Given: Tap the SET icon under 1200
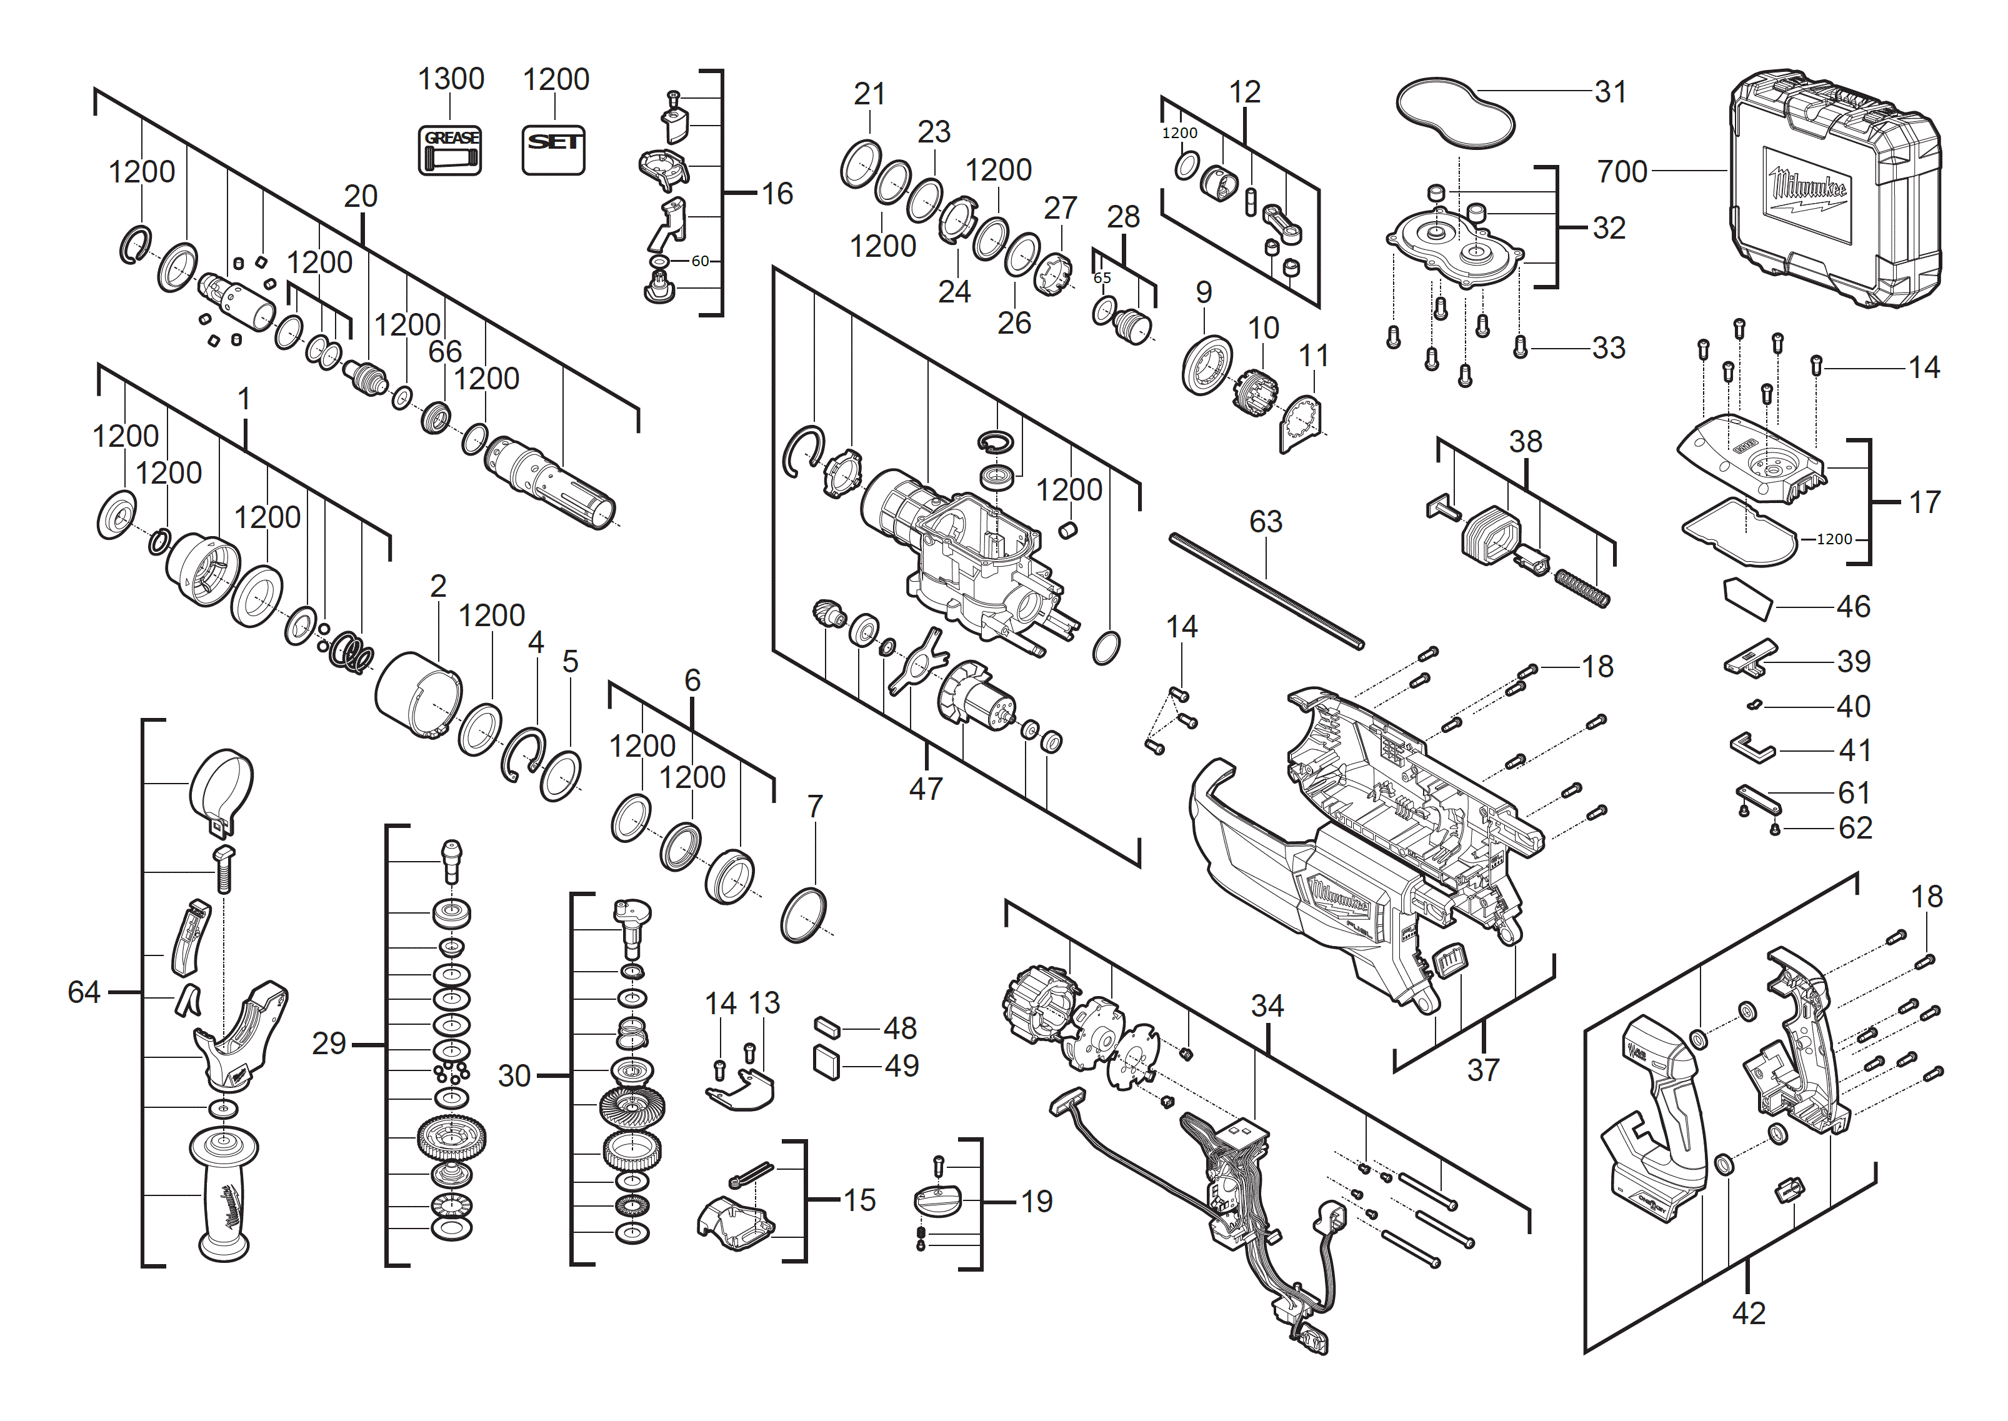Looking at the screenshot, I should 553,149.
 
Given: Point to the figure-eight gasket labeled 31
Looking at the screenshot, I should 1454,114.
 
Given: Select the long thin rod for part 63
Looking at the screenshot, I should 1266,592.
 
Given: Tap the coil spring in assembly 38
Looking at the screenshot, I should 1582,588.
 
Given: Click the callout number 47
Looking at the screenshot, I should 926,789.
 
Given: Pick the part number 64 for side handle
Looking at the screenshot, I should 84,992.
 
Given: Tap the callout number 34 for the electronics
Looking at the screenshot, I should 1267,1006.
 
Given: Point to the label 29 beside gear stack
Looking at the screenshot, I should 329,1044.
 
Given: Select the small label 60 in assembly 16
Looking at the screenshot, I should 700,261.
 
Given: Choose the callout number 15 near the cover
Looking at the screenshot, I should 859,1200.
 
